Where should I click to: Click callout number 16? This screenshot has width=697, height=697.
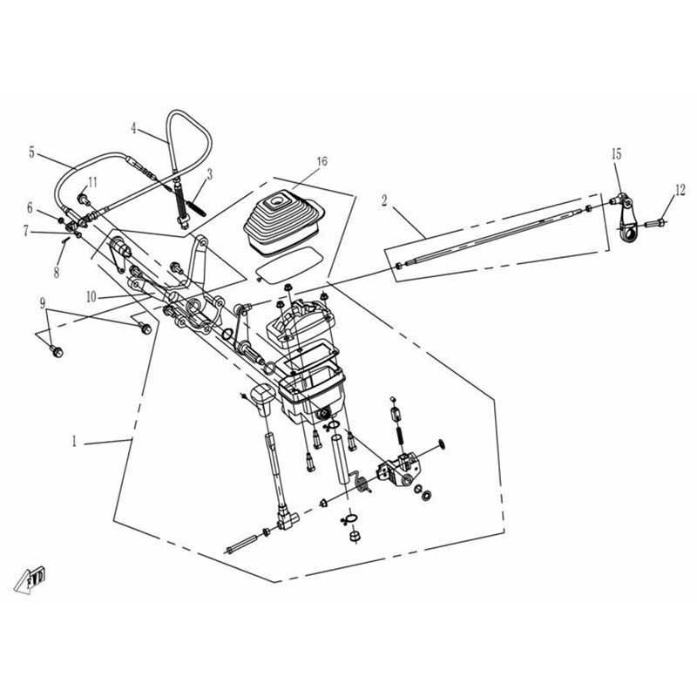(322, 161)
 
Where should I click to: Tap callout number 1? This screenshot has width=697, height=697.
(75, 441)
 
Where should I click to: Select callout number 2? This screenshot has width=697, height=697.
(384, 201)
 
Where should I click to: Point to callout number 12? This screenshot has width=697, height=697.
(680, 191)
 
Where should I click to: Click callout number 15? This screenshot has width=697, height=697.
(616, 154)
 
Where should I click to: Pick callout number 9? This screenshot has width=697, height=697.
(43, 303)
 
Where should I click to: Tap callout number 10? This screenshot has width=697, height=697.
(91, 297)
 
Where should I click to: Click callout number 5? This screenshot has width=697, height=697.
(31, 152)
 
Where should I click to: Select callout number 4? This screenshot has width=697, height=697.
(134, 128)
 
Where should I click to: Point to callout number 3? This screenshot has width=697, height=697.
(209, 174)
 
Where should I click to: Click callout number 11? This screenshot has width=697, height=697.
(92, 182)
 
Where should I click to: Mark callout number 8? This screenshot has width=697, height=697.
(57, 272)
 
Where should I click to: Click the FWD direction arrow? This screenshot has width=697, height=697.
(30, 579)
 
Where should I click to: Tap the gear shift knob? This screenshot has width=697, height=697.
(264, 399)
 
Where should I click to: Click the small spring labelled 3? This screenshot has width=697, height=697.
(197, 208)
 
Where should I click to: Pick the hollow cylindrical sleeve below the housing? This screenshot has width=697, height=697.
(340, 461)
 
